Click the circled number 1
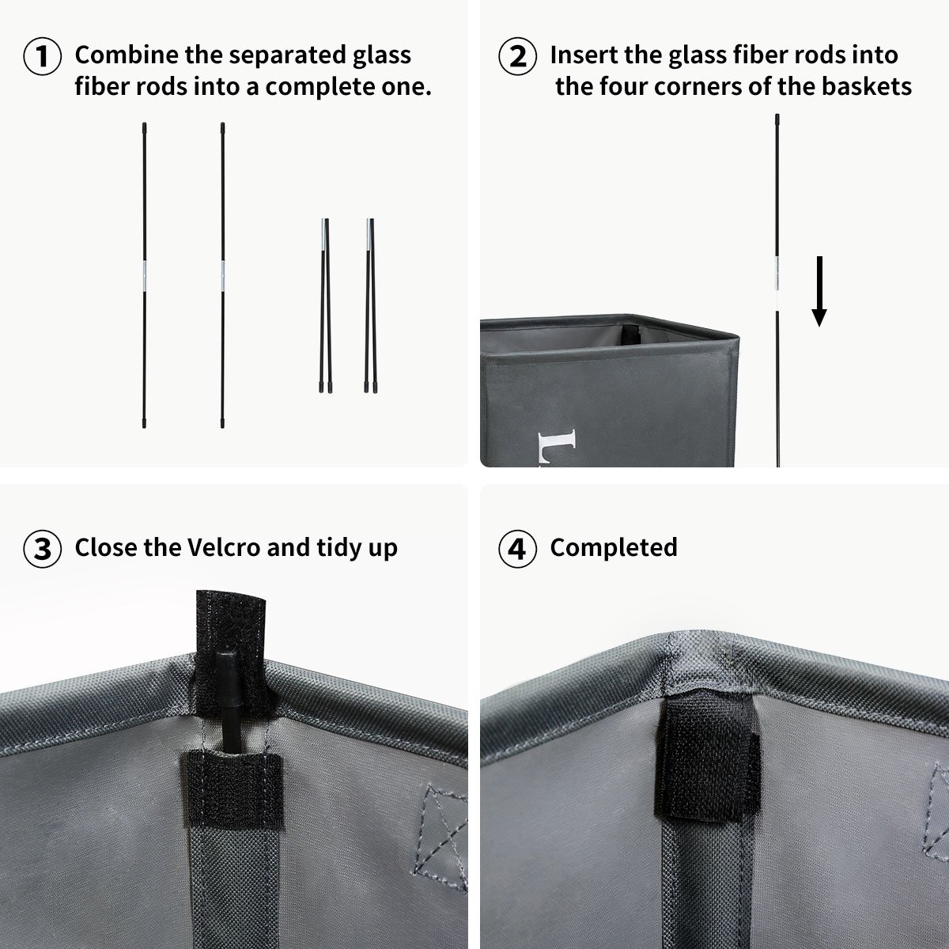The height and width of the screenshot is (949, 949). click(x=43, y=56)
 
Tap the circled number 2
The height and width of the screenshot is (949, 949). click(x=517, y=56)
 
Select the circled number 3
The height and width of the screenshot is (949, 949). click(x=43, y=549)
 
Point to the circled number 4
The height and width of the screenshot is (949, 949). click(x=517, y=549)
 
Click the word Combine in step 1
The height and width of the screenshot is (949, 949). click(x=127, y=55)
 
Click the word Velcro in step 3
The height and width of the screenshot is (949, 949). click(x=224, y=547)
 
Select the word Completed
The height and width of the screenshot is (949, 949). click(x=614, y=548)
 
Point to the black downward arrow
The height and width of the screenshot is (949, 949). click(x=819, y=291)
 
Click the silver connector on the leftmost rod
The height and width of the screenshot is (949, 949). click(x=144, y=276)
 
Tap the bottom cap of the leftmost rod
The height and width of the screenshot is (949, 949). click(x=144, y=423)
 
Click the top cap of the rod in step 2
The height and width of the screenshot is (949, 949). click(x=777, y=119)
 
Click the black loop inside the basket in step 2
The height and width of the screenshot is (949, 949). click(x=629, y=335)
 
